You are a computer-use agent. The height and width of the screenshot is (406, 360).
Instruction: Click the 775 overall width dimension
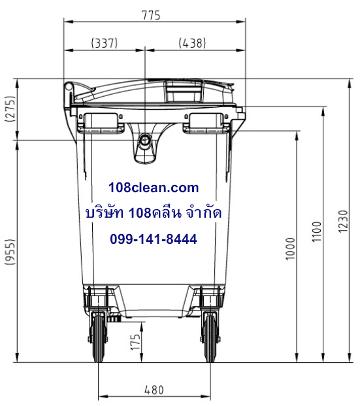[x=151, y=15]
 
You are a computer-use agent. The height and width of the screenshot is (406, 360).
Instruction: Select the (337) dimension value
[x=105, y=42]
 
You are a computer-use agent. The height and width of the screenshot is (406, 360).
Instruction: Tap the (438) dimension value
[x=192, y=42]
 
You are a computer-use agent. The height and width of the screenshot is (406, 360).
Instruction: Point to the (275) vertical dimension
[x=10, y=109]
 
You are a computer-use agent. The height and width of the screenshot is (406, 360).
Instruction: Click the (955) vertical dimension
[x=10, y=252]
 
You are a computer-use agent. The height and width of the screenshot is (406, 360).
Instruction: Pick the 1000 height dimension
[x=290, y=248]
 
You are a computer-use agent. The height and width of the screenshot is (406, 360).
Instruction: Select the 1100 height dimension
[x=316, y=231]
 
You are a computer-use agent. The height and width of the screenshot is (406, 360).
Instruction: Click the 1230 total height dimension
[x=343, y=222]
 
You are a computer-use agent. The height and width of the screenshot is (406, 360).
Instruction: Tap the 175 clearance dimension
[x=135, y=343]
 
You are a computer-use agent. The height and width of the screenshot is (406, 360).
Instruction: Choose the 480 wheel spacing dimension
[x=154, y=390]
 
